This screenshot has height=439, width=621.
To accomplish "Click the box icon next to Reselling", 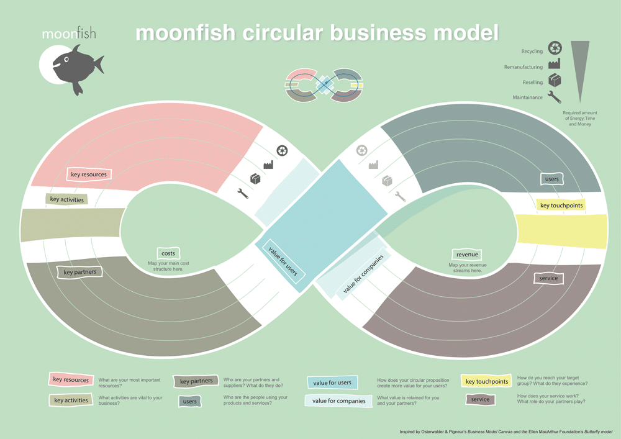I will pos(555,81).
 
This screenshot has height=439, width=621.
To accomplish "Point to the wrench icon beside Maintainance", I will pos(555,97).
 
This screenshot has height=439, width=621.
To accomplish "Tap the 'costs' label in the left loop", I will pos(168,253).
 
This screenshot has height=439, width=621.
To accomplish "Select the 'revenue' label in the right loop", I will pos(466,255).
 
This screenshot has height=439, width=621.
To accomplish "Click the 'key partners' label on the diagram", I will pos(79,272).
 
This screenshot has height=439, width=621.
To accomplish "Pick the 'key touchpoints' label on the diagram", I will pos(561,206).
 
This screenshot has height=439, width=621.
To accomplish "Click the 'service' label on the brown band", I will pos(548,278).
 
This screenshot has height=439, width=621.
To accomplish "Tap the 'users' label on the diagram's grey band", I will pos(551,179).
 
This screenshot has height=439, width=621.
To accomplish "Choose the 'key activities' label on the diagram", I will pos(67,199).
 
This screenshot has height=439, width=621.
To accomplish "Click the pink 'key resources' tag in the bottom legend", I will pos(70,379).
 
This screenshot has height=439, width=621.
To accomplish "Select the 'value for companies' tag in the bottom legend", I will pos(338,401).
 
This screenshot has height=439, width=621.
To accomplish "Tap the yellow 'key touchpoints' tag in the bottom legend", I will pos(487,381).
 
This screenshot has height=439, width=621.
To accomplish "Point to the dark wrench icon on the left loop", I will pos(243,193).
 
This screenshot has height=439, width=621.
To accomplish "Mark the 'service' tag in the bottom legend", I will pos(480,399).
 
